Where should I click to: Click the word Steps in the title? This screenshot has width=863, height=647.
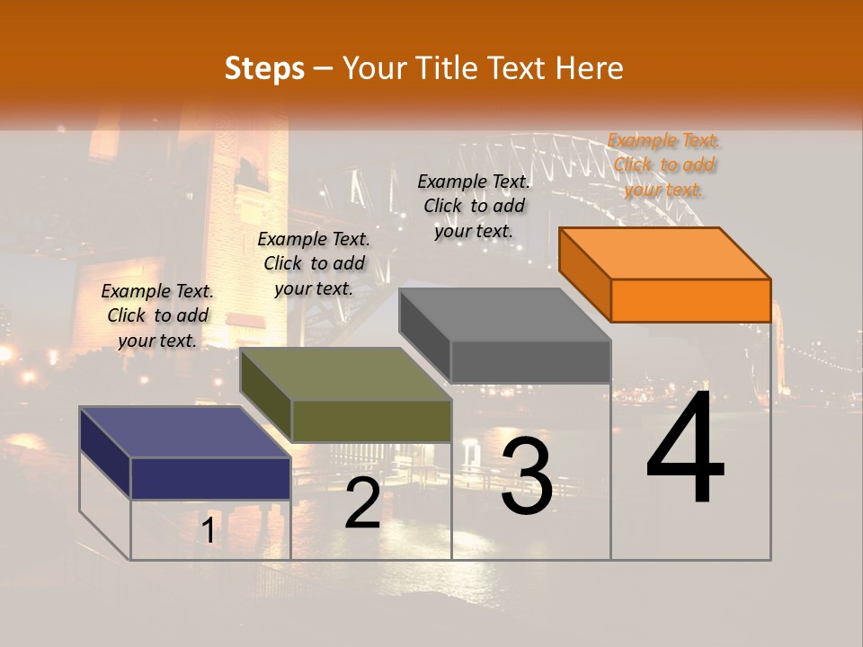[x=264, y=68]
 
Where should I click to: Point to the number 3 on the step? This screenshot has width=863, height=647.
[x=526, y=476]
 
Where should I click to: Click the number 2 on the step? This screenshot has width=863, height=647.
[x=362, y=503]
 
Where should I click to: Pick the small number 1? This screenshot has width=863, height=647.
[x=208, y=531]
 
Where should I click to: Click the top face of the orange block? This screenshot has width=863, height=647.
[x=664, y=253]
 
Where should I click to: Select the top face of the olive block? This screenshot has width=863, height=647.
[x=345, y=374]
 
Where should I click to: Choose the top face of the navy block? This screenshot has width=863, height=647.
[x=185, y=432]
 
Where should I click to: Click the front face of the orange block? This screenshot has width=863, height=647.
[x=690, y=300]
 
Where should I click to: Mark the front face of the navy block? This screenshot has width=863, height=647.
[x=210, y=478]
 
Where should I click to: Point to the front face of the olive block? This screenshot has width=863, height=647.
[x=371, y=421]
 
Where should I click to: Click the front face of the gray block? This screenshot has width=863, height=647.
[x=530, y=361]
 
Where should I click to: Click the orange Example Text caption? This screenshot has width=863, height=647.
[x=663, y=164]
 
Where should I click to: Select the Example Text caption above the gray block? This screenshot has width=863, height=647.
[x=474, y=206]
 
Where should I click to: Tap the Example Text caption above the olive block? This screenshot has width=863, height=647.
[x=314, y=263]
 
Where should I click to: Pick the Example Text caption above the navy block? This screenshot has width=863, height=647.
[x=157, y=315]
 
